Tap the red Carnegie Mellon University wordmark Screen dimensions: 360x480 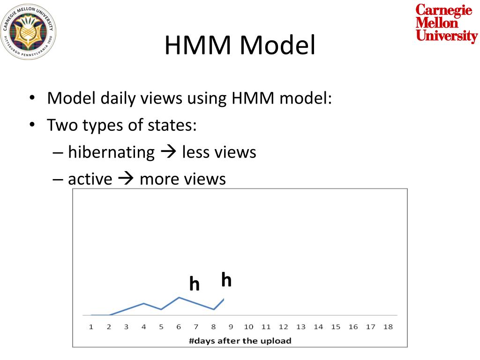[x=446, y=23]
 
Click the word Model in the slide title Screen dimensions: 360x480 [x=278, y=46]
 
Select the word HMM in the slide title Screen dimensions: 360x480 [x=199, y=46]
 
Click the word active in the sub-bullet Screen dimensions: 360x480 [x=90, y=179]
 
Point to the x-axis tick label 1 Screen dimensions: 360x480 [x=91, y=327]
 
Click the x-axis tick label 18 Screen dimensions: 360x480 [x=388, y=327]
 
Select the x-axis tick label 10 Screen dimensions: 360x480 [x=248, y=327]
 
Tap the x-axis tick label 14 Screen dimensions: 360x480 [x=318, y=327]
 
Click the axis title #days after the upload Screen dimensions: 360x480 [x=240, y=341]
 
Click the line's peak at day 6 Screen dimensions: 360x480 [x=179, y=297]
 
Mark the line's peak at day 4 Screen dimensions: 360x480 [x=143, y=303]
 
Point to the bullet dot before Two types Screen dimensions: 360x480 [x=32, y=126]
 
